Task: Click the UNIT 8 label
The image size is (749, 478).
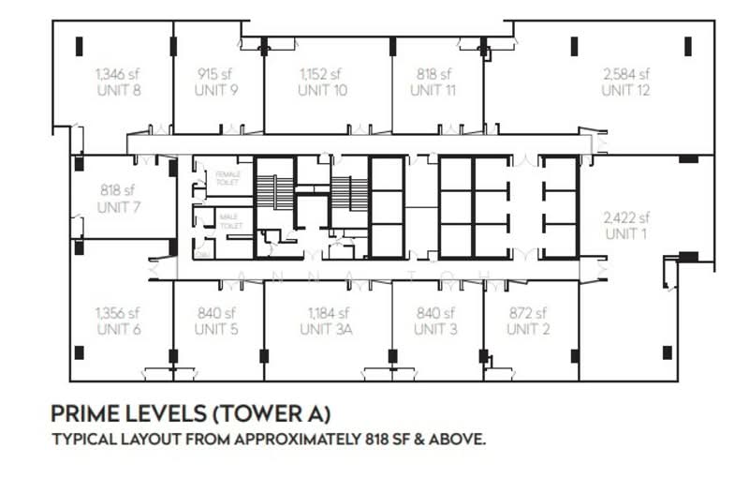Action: (118, 91)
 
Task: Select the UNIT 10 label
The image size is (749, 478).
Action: (323, 91)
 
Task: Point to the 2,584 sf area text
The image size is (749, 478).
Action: (626, 74)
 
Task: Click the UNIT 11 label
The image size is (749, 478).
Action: (433, 91)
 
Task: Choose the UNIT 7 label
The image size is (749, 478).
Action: (118, 206)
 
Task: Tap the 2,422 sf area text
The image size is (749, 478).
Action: (626, 217)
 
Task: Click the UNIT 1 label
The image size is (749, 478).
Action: (626, 234)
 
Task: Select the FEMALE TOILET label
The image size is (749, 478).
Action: (228, 178)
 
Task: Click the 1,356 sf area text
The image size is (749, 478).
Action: (118, 313)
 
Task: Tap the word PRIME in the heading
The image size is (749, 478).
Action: (82, 412)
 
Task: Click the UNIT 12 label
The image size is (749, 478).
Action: (626, 91)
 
